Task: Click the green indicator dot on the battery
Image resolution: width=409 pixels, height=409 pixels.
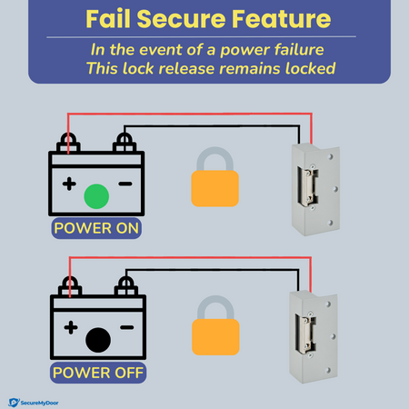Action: [x=96, y=196]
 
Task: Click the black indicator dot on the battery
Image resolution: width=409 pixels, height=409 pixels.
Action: [x=98, y=340]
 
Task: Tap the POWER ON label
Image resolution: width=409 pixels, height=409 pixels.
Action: [x=96, y=228]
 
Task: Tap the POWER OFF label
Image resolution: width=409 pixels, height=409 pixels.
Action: [x=98, y=373]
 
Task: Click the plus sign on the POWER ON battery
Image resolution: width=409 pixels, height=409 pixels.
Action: [x=69, y=184]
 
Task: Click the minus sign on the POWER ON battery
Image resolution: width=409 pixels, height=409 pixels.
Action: [x=125, y=184]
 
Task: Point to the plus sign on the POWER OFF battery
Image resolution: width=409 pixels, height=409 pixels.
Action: [x=71, y=327]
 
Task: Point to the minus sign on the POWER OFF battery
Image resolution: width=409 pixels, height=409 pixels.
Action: [x=127, y=327]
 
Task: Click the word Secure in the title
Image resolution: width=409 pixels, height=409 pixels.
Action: [x=181, y=19]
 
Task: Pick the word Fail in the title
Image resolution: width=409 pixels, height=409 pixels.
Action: [x=108, y=19]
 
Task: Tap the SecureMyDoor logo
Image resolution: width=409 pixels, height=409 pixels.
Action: [x=34, y=403]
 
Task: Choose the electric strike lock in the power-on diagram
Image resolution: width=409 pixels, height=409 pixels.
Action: [x=315, y=189]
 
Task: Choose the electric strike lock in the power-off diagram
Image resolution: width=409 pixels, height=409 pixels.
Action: [x=314, y=337]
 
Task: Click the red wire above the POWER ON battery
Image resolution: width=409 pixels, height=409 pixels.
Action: [x=190, y=114]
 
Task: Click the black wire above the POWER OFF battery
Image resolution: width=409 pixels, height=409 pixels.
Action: [x=212, y=270]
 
